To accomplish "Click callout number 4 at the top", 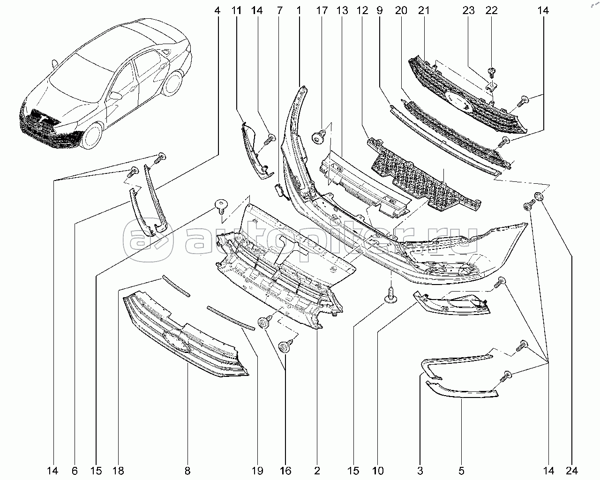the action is [x=217, y=11].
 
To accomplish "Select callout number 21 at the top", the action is [x=424, y=11].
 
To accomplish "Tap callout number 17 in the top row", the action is [x=322, y=11].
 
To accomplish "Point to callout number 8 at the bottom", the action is [x=187, y=471].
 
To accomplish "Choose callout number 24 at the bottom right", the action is [x=572, y=471].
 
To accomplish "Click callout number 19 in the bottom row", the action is [x=257, y=471].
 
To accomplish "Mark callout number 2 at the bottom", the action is [x=317, y=471].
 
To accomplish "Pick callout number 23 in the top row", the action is [x=468, y=11].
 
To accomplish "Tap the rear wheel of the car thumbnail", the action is [x=173, y=83].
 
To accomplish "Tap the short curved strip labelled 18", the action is [x=176, y=285].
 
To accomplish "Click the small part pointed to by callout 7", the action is [x=279, y=191].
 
